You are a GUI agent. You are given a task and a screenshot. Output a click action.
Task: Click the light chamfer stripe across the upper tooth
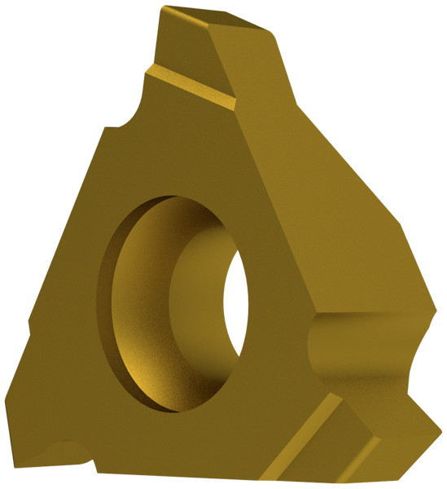(192, 89)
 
